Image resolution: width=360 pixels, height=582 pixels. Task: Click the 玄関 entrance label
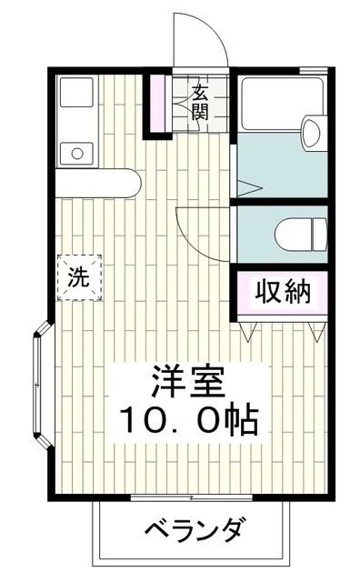coord(200,101)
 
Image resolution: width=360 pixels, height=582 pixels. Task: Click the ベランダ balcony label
coord(194,529)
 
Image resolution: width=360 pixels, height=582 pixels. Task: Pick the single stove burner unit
coord(76,151)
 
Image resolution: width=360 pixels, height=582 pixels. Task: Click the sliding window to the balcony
coord(193,497)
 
